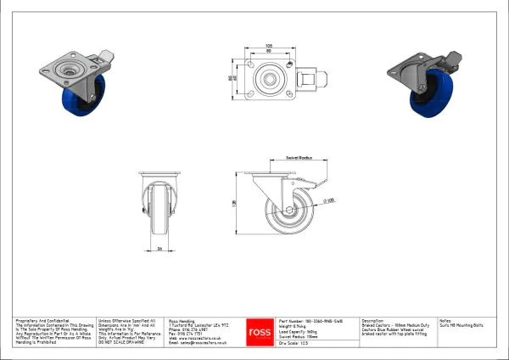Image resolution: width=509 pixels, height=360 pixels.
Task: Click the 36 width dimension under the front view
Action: [159, 249]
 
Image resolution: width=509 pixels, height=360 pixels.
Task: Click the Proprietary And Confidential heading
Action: [38, 322]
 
